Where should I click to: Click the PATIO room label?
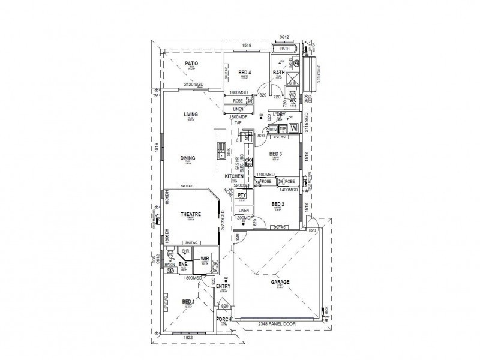[x=191, y=63]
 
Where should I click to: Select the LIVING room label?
[x=191, y=115]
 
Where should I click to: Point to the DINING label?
[x=188, y=158]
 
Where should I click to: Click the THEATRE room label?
[x=191, y=214]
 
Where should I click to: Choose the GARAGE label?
[x=280, y=281]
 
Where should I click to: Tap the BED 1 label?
[x=188, y=301]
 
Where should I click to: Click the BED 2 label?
[x=277, y=204]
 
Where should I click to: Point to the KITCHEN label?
[x=234, y=176]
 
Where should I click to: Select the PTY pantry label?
[x=242, y=196]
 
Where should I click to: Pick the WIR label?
[x=204, y=259]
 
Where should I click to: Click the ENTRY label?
[x=223, y=286]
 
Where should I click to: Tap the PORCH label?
[x=223, y=319]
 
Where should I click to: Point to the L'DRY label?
[x=278, y=114]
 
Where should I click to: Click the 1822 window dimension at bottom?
[x=188, y=338]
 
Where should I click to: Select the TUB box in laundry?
[x=282, y=128]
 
